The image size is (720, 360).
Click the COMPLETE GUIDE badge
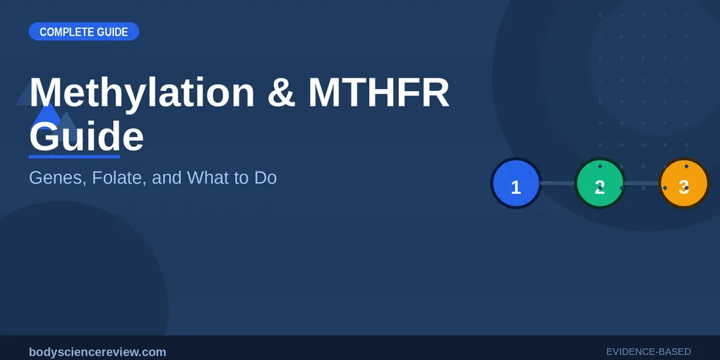pyautogui.click(x=83, y=32)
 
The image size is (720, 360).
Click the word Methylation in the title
pyautogui.click(x=141, y=92)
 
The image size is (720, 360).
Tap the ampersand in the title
pyautogui.click(x=282, y=92)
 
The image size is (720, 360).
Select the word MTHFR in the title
pyautogui.click(x=378, y=92)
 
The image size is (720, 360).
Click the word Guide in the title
pyautogui.click(x=86, y=136)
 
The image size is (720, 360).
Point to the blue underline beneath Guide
pyautogui.click(x=74, y=156)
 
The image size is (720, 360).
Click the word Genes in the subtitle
pyautogui.click(x=54, y=178)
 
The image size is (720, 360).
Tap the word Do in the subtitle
pyautogui.click(x=265, y=178)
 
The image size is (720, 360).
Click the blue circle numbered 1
pyautogui.click(x=516, y=184)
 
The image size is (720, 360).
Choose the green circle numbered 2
pyautogui.click(x=599, y=184)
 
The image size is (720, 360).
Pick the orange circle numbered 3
pyautogui.click(x=683, y=184)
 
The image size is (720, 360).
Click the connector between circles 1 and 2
pyautogui.click(x=558, y=184)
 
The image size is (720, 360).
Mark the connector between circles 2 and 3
pyautogui.click(x=642, y=184)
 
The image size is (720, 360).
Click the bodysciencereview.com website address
pyautogui.click(x=97, y=352)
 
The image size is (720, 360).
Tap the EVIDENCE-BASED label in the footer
pyautogui.click(x=648, y=352)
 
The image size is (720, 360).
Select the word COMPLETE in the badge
pyautogui.click(x=61, y=32)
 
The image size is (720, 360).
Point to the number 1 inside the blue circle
pyautogui.click(x=516, y=188)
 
